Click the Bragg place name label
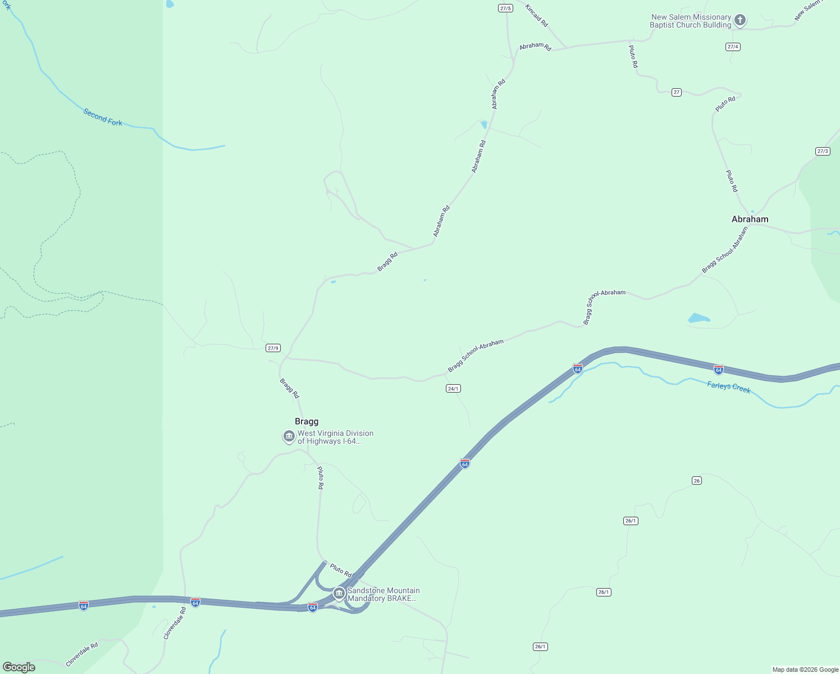tap(307, 421)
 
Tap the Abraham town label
tap(750, 219)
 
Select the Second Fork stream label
tap(103, 117)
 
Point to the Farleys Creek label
tap(728, 387)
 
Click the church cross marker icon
tap(740, 21)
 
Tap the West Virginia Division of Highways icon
tap(289, 436)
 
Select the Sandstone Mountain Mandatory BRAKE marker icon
tap(339, 593)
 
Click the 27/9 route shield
tap(273, 348)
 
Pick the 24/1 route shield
tap(453, 389)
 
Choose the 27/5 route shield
tap(505, 8)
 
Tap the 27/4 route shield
tap(733, 47)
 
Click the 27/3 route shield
tap(823, 151)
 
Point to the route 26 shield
tap(697, 480)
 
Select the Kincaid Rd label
tap(536, 15)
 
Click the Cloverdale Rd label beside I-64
tap(174, 623)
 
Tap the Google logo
tap(19, 667)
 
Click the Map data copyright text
tap(805, 670)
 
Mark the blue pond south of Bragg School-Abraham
tap(699, 318)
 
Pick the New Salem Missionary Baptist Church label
tap(691, 21)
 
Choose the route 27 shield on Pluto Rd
tap(677, 92)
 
